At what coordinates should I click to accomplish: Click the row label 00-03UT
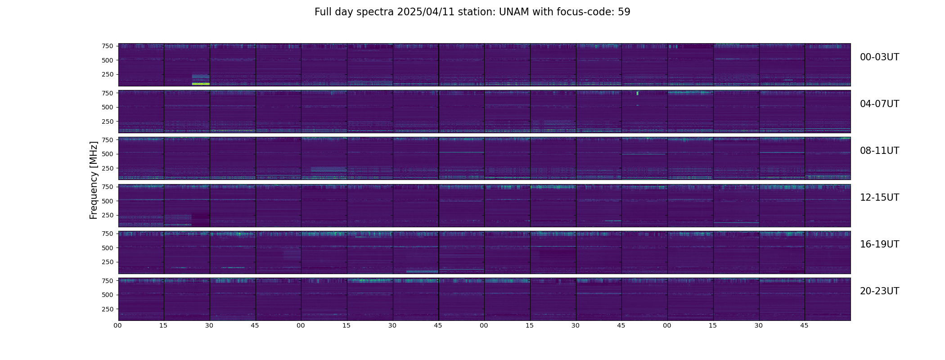(x=879, y=57)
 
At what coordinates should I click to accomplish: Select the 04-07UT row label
(x=879, y=104)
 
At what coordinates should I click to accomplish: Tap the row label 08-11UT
(x=879, y=151)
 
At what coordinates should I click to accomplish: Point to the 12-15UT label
(x=879, y=198)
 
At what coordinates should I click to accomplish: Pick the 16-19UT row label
(x=879, y=244)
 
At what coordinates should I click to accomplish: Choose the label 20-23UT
(x=879, y=291)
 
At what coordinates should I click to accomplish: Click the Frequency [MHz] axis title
(x=94, y=180)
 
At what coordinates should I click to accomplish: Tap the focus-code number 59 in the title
(x=624, y=12)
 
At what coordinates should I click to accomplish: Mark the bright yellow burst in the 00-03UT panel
(x=201, y=84)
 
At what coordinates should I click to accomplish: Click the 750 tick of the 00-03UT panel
(x=107, y=46)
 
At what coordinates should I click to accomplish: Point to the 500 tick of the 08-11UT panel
(x=107, y=154)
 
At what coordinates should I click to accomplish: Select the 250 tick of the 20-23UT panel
(x=107, y=309)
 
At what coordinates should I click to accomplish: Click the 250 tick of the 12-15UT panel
(x=107, y=215)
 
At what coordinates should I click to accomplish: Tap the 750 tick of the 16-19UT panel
(x=107, y=234)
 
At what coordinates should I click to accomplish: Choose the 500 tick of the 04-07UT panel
(x=107, y=107)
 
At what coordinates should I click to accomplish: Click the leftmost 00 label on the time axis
(x=118, y=325)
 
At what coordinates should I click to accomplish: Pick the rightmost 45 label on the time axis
(x=805, y=325)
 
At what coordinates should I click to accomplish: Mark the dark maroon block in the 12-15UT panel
(x=201, y=220)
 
